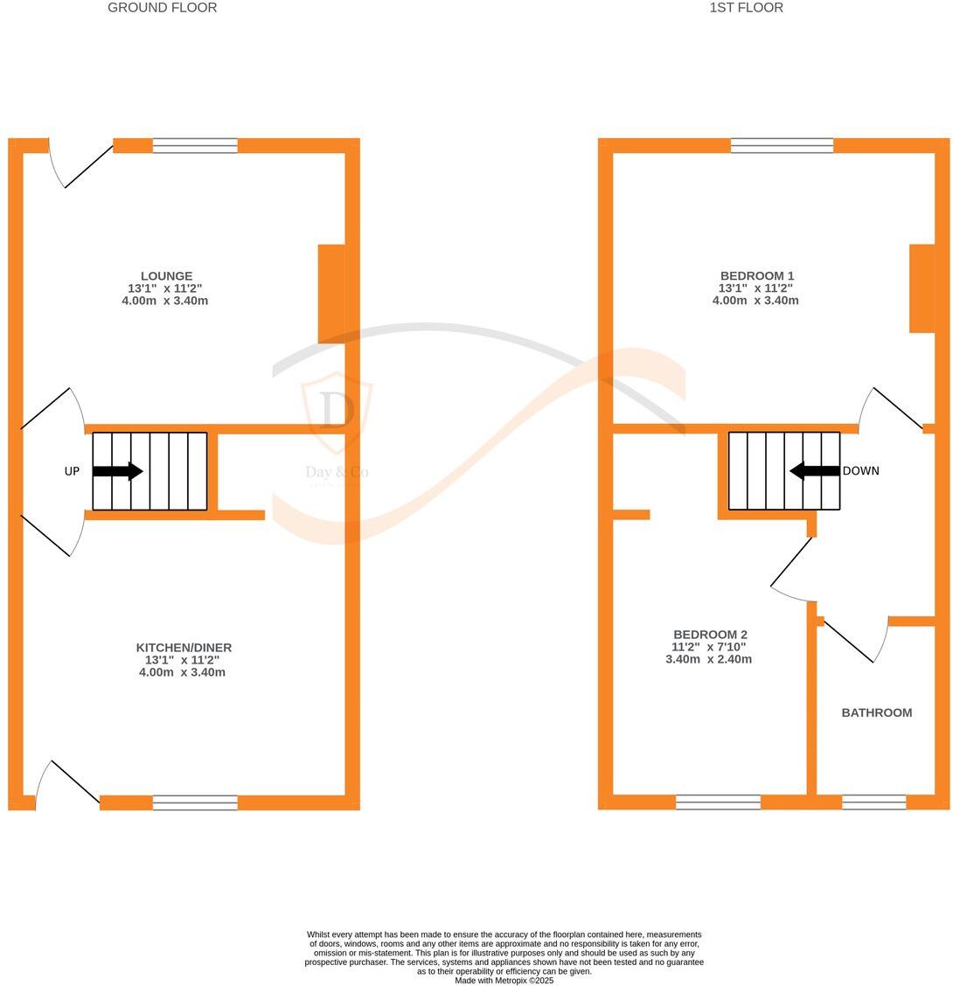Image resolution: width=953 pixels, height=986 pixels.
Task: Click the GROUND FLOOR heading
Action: [x=162, y=8]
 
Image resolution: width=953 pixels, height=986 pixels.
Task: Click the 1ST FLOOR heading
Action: [x=746, y=8]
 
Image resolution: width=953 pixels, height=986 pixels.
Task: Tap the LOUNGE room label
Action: [x=166, y=276]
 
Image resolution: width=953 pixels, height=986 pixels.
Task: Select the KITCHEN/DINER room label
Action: [x=184, y=648]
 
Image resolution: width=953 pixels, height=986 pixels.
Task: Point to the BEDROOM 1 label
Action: [x=756, y=276]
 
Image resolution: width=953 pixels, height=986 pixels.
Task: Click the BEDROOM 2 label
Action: [x=710, y=635]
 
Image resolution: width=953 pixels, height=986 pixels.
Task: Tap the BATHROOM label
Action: [x=876, y=712]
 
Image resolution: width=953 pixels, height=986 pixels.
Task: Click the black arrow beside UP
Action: [x=117, y=472]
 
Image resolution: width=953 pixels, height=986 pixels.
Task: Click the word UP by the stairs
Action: [x=72, y=472]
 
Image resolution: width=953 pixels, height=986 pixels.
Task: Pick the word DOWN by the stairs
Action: [x=860, y=471]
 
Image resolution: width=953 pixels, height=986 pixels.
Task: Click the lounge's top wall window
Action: [x=195, y=146]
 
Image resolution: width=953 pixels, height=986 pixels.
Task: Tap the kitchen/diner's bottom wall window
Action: [x=195, y=802]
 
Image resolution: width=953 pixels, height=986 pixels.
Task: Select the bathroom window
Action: [x=873, y=802]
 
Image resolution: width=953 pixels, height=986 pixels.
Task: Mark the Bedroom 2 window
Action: [x=718, y=802]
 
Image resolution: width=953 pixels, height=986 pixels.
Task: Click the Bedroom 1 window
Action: [x=782, y=146]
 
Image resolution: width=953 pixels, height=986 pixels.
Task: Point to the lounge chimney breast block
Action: [x=331, y=294]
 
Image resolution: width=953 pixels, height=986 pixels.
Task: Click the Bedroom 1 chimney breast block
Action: [x=922, y=288]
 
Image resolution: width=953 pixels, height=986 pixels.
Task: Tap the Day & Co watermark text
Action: [x=337, y=473]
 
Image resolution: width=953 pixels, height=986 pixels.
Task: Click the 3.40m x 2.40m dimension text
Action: [x=708, y=660]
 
